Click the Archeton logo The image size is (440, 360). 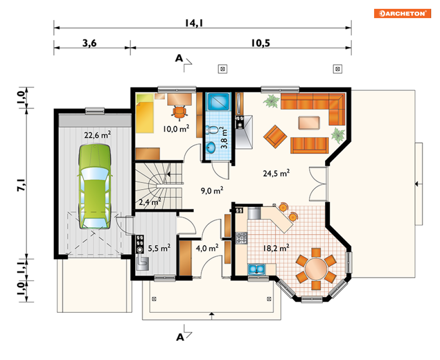pyautogui.click(x=402, y=13)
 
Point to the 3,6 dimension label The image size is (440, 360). pyautogui.click(x=89, y=43)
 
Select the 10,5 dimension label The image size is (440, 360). pyautogui.click(x=260, y=43)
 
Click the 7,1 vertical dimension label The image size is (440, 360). pyautogui.click(x=22, y=185)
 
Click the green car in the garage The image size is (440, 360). pyautogui.click(x=95, y=186)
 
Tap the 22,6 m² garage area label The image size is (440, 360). pyautogui.click(x=97, y=135)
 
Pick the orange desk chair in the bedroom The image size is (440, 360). pyautogui.click(x=180, y=112)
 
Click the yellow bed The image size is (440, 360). pyautogui.click(x=145, y=114)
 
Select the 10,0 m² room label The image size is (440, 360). pyautogui.click(x=176, y=129)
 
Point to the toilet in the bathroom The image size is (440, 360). pyautogui.click(x=212, y=130)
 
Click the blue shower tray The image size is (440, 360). pyautogui.click(x=218, y=102)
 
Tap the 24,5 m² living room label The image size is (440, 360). pyautogui.click(x=276, y=174)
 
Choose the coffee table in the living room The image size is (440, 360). pyautogui.click(x=309, y=123)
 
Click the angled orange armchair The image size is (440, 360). pyautogui.click(x=275, y=136)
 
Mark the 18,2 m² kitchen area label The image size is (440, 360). pyautogui.click(x=276, y=248)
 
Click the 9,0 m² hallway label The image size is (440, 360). pyautogui.click(x=212, y=191)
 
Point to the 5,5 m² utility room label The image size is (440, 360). pyautogui.click(x=159, y=248)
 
